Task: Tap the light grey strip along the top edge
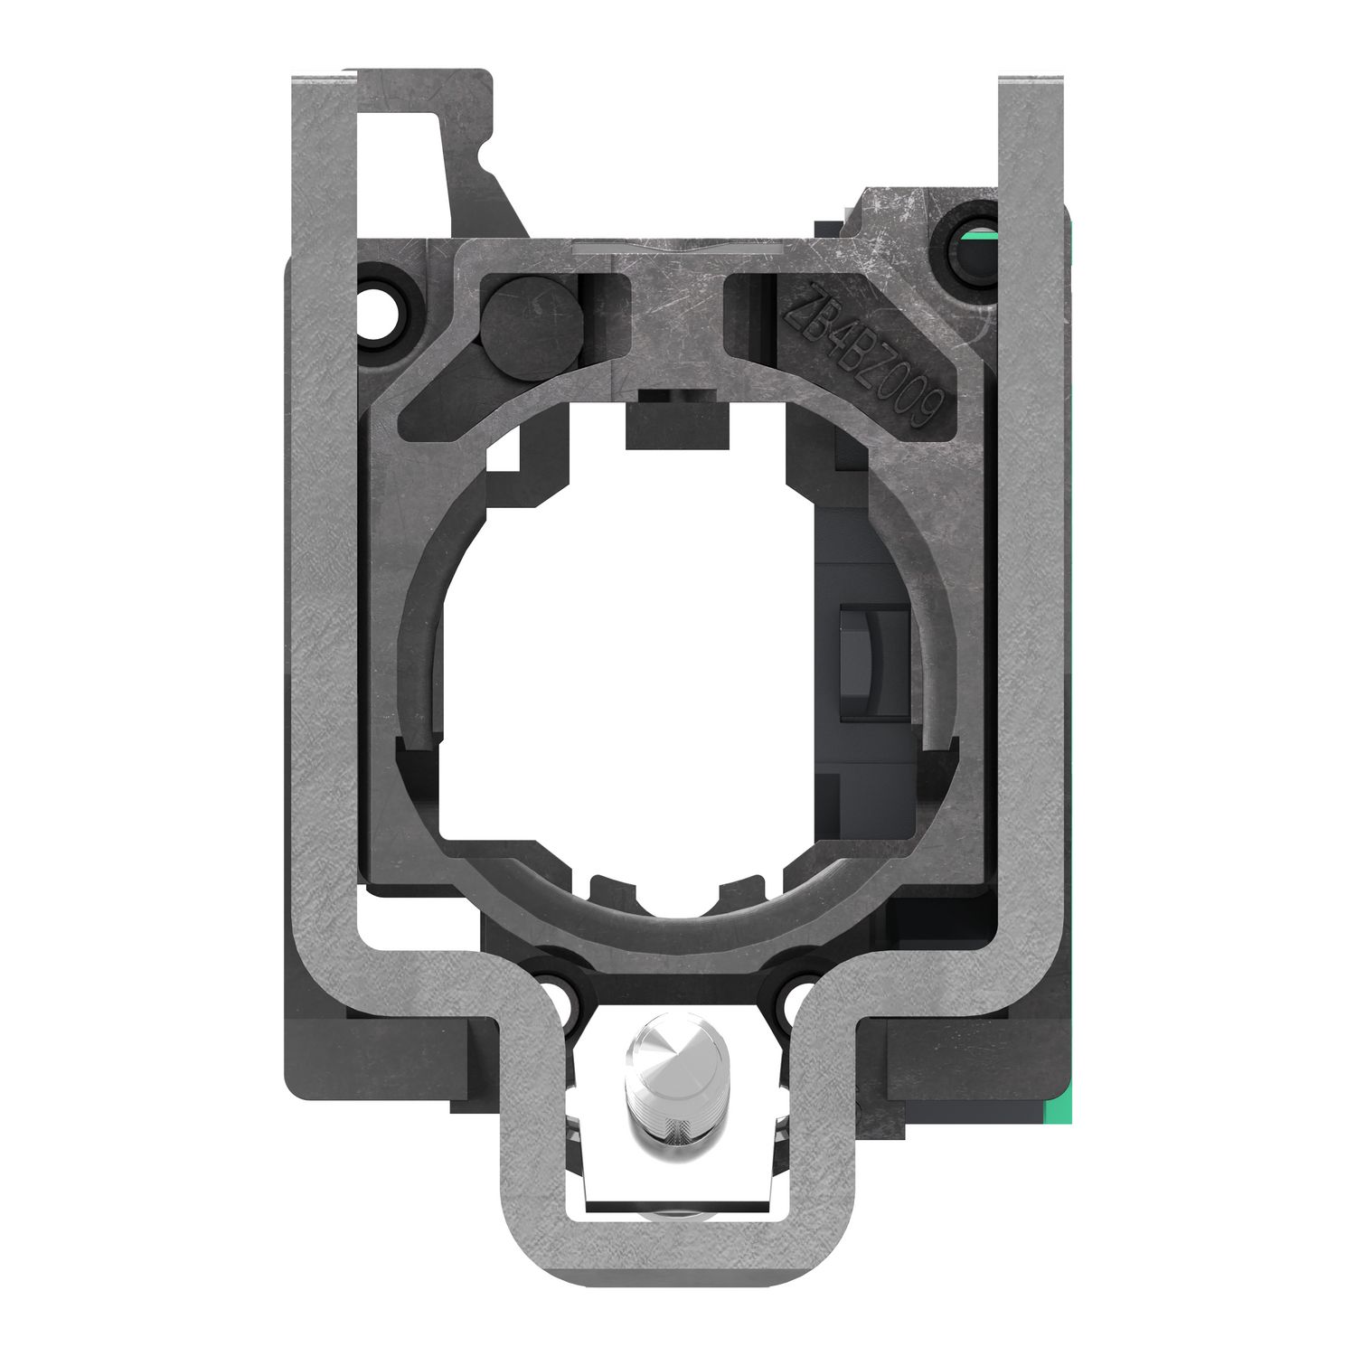coord(678,246)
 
